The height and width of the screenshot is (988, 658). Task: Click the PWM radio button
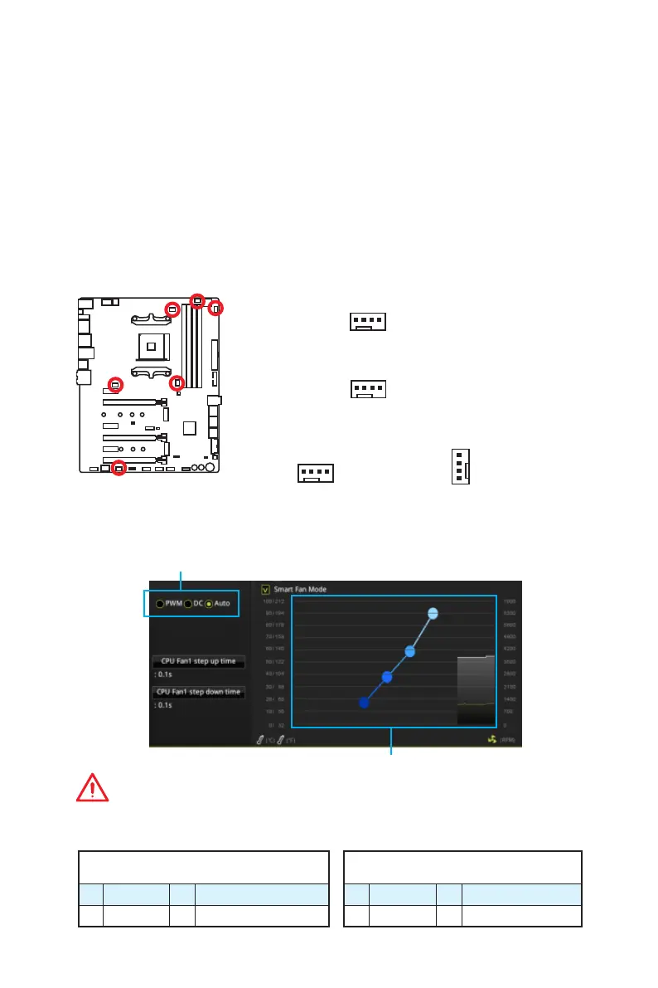pyautogui.click(x=160, y=603)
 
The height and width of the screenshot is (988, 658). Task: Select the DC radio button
pyautogui.click(x=188, y=603)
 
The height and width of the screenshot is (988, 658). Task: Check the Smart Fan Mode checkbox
pyautogui.click(x=265, y=589)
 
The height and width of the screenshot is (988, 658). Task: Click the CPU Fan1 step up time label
pyautogui.click(x=198, y=661)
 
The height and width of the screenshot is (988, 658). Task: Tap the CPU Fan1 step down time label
pyautogui.click(x=198, y=692)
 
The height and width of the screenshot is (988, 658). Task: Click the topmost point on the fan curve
pyautogui.click(x=433, y=614)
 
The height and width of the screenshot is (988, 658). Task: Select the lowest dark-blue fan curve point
pyautogui.click(x=364, y=703)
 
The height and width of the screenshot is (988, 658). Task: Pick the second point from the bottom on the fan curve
pyautogui.click(x=386, y=677)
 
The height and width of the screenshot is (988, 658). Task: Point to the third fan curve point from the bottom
pyautogui.click(x=409, y=651)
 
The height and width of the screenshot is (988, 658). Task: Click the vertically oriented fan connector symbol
pyautogui.click(x=460, y=467)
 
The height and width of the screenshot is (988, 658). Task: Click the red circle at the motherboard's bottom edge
pyautogui.click(x=119, y=468)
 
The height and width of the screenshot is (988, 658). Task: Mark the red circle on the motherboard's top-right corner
pyautogui.click(x=215, y=309)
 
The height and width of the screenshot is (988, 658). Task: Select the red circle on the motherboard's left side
pyautogui.click(x=115, y=384)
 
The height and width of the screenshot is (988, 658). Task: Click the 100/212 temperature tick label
pyautogui.click(x=273, y=601)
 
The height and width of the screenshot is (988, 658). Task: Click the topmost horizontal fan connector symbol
pyautogui.click(x=368, y=321)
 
